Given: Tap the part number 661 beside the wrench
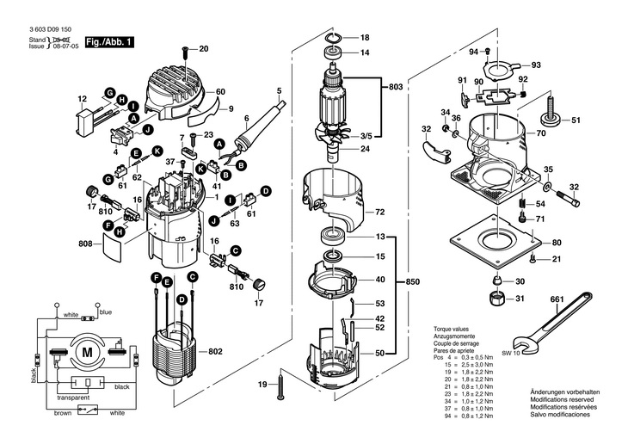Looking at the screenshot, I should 557,299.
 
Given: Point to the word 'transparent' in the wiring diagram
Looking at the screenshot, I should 76,398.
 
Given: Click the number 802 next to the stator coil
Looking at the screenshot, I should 215,351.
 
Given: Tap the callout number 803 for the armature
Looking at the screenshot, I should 395,87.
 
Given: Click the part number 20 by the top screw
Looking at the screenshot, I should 204,48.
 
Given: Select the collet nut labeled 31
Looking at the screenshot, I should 497,299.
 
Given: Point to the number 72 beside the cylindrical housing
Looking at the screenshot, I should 380,211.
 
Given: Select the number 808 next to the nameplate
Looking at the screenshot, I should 83,244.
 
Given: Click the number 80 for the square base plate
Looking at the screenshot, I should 557,243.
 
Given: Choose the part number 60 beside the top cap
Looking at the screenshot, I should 220,92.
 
